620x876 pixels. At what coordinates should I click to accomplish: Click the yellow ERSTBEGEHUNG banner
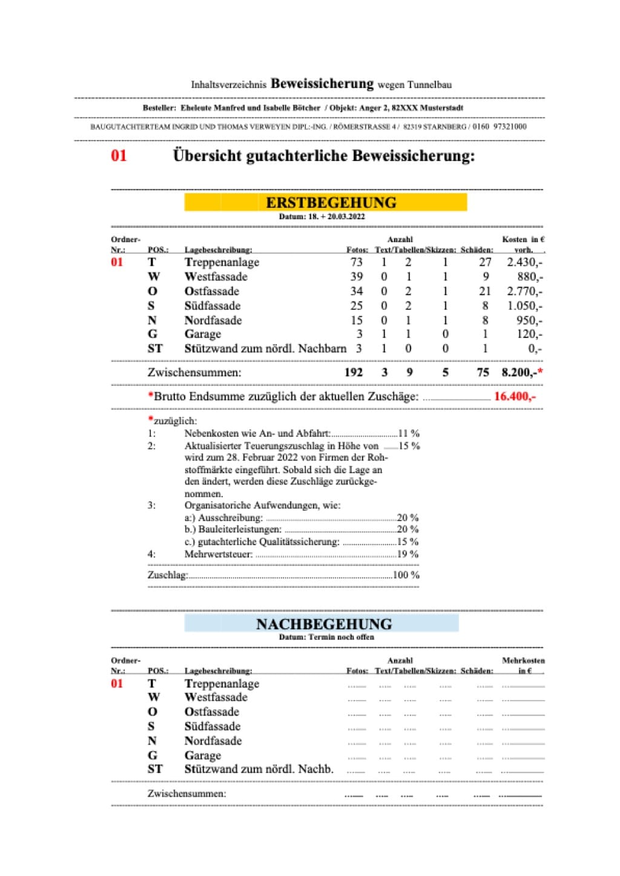pos(326,202)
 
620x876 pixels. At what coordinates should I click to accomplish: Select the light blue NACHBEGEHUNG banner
pos(322,623)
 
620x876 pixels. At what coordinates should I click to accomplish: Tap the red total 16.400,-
pos(515,397)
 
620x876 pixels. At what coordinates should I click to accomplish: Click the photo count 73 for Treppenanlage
pos(357,262)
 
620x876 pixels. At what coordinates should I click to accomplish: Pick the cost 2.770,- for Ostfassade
pos(524,291)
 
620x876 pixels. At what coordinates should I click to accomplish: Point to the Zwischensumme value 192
pos(354,373)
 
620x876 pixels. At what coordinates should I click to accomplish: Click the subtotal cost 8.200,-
pos(519,373)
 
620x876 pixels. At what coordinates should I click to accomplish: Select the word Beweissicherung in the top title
pos(322,84)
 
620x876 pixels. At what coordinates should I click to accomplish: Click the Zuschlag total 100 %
pos(406,575)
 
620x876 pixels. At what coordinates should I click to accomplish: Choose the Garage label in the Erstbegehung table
pos(203,334)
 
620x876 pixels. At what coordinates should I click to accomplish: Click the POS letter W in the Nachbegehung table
pos(154,697)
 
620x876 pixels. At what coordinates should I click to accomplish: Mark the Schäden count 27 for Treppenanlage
pos(485,262)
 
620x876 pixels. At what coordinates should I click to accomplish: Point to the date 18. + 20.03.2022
pos(336,216)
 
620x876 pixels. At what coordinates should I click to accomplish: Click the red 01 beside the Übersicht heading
pos(119,156)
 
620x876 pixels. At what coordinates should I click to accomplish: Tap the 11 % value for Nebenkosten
pos(409,434)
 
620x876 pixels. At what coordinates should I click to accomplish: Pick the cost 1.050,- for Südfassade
pos(524,306)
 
